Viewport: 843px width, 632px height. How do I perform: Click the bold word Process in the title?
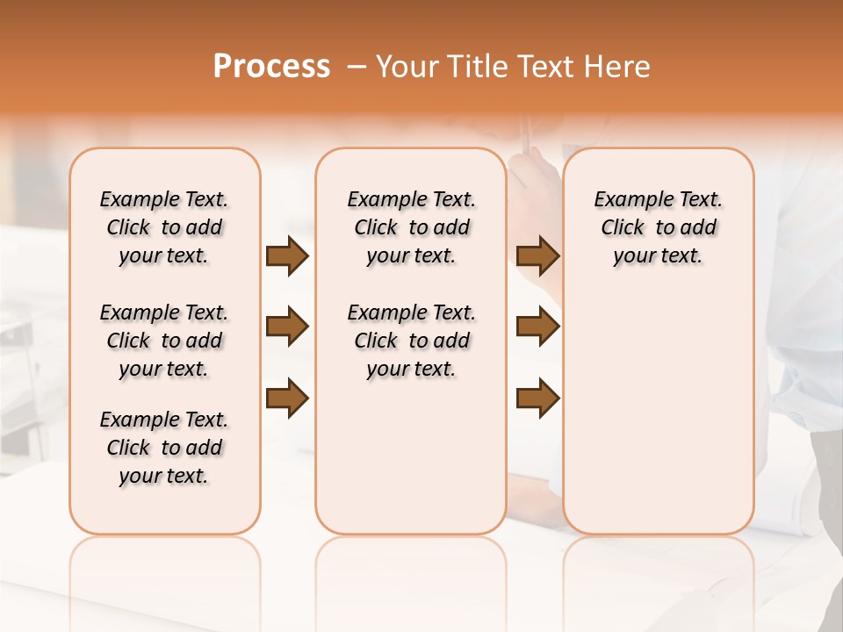[271, 67]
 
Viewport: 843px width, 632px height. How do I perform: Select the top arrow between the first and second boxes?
[287, 256]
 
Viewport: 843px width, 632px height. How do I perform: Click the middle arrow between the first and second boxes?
[287, 327]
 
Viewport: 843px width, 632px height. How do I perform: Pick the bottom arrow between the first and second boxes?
[287, 399]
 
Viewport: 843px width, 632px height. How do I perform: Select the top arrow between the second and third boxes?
[537, 256]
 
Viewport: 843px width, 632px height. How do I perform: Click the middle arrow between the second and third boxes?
[537, 327]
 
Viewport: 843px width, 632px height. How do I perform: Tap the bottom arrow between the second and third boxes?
[537, 399]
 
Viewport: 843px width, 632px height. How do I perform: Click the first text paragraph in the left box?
[164, 227]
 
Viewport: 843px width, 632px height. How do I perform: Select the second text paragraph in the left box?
[164, 341]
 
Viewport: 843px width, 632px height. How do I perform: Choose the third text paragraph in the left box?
[164, 448]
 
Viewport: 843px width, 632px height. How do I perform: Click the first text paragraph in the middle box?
[411, 227]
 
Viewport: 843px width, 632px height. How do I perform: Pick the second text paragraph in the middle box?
[411, 341]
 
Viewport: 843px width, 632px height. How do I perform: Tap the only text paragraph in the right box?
[658, 227]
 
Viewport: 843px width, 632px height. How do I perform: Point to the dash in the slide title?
[356, 68]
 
